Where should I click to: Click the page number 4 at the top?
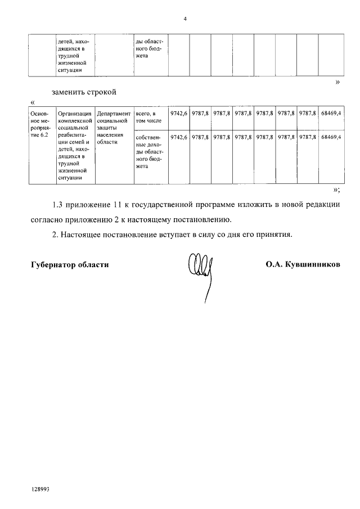pyautogui.click(x=184, y=19)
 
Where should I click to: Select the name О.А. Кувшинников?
pyautogui.click(x=303, y=263)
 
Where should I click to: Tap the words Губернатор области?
pyautogui.click(x=70, y=263)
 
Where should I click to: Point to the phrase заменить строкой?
pyautogui.click(x=83, y=92)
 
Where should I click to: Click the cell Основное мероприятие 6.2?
pyautogui.click(x=42, y=124)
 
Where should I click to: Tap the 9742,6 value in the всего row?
pyautogui.click(x=178, y=114)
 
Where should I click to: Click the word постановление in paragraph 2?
pyautogui.click(x=134, y=234)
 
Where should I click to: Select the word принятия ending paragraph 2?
pyautogui.click(x=276, y=234)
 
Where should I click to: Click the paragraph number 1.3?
pyautogui.click(x=57, y=205)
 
